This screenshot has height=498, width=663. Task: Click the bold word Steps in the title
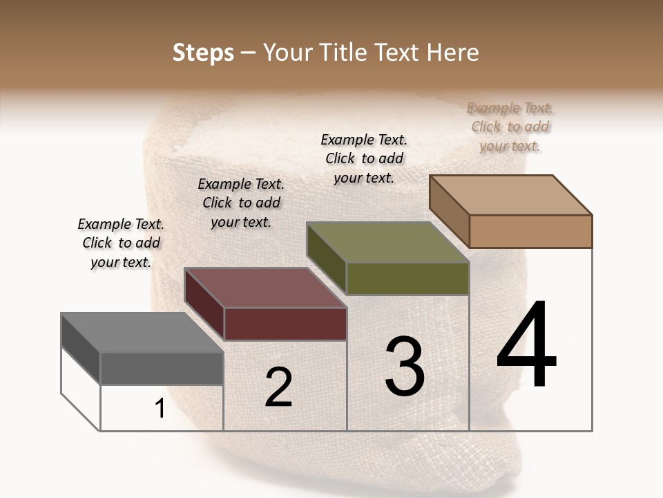(203, 53)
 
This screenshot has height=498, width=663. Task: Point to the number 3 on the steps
(405, 367)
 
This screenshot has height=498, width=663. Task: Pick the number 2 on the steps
(278, 387)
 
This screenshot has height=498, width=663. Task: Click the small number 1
(160, 409)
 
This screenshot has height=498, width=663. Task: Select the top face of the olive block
(387, 242)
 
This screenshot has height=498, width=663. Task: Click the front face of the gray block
(162, 368)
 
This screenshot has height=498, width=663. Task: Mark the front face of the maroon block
(285, 324)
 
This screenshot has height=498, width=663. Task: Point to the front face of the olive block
(407, 278)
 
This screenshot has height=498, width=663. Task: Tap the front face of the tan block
(530, 231)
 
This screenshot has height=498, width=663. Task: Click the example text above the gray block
(121, 243)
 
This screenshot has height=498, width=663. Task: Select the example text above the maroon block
(241, 203)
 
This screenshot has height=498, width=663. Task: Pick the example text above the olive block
(364, 158)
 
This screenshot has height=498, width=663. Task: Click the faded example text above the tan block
(510, 127)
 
